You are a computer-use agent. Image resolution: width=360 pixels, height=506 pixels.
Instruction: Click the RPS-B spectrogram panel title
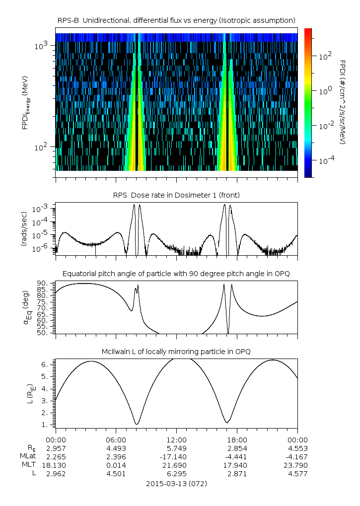tap(176, 20)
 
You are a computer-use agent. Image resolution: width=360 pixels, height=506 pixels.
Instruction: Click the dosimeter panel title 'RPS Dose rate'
tap(176, 195)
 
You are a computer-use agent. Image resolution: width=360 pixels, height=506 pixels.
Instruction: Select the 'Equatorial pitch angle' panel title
tap(176, 274)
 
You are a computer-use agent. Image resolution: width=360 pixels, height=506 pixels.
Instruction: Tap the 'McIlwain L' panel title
tap(176, 352)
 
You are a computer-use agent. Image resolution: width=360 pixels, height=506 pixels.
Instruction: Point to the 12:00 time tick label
tap(176, 439)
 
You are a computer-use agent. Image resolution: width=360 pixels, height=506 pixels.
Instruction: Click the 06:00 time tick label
tap(116, 439)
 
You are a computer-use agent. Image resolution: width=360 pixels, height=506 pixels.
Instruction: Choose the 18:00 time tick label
tap(237, 439)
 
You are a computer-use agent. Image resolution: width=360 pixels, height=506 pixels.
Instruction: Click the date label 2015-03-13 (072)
tap(176, 483)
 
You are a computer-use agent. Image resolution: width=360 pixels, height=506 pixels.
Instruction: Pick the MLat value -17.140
tap(176, 456)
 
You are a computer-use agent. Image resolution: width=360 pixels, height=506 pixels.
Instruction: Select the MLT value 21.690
tap(176, 465)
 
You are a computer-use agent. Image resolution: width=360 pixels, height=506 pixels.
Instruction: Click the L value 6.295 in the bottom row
tap(176, 474)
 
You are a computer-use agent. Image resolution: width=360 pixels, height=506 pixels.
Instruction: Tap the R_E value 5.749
tap(176, 448)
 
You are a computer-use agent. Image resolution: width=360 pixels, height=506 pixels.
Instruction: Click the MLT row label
tap(26, 465)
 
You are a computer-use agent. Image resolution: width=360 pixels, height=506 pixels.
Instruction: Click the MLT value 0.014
tap(116, 465)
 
